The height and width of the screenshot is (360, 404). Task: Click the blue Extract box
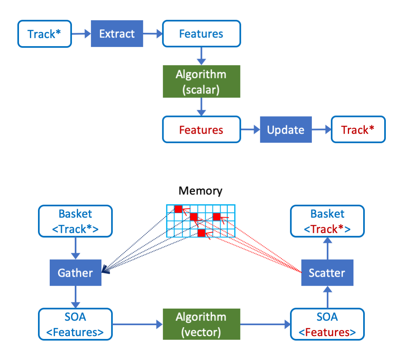click(117, 34)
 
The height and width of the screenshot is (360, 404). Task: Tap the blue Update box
click(286, 129)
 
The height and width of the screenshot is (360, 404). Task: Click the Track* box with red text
click(358, 129)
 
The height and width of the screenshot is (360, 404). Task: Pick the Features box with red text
click(201, 129)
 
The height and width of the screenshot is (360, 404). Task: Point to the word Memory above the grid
click(200, 191)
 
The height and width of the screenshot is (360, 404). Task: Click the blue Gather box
click(75, 273)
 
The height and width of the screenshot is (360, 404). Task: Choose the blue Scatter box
click(327, 273)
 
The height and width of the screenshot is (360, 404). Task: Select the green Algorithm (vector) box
click(201, 324)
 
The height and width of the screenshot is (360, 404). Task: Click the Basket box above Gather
click(75, 221)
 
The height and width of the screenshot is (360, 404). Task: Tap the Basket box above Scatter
click(327, 221)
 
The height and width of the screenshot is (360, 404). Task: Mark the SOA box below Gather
click(75, 324)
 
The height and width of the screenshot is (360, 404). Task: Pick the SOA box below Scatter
click(327, 324)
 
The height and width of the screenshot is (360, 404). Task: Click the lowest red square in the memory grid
click(201, 233)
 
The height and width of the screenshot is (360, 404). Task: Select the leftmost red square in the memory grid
click(178, 209)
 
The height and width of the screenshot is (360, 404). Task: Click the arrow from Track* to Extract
click(81, 34)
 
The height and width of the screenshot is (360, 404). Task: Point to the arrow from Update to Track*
click(321, 129)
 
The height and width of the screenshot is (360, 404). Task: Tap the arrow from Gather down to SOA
click(75, 297)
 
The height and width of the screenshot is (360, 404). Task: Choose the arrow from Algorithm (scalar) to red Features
click(201, 107)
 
